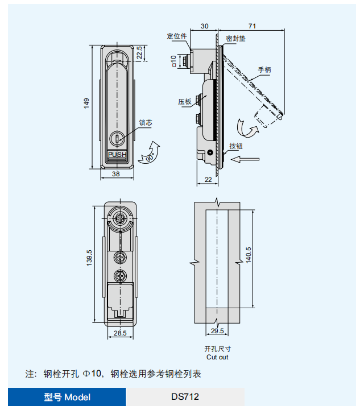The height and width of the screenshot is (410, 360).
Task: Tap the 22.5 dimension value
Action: (139, 53)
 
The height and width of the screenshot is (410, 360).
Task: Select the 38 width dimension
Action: (115, 175)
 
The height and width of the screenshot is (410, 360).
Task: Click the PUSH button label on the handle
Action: (117, 154)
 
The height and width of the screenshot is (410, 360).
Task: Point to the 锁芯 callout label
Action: (146, 122)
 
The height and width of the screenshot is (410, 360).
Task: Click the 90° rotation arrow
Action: (151, 152)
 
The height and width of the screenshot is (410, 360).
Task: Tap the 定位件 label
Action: (177, 36)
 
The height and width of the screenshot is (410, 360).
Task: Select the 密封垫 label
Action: (236, 39)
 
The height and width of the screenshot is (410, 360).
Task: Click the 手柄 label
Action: (264, 69)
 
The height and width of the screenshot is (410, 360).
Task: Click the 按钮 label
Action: (236, 146)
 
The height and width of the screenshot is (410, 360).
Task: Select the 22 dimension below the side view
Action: (208, 179)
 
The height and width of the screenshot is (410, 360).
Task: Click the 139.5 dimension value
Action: (89, 261)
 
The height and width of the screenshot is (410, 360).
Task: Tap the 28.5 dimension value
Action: (119, 333)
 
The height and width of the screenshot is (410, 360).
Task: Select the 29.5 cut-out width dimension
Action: (217, 330)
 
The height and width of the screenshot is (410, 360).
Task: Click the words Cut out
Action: (217, 357)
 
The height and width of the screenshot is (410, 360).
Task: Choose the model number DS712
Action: (185, 397)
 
